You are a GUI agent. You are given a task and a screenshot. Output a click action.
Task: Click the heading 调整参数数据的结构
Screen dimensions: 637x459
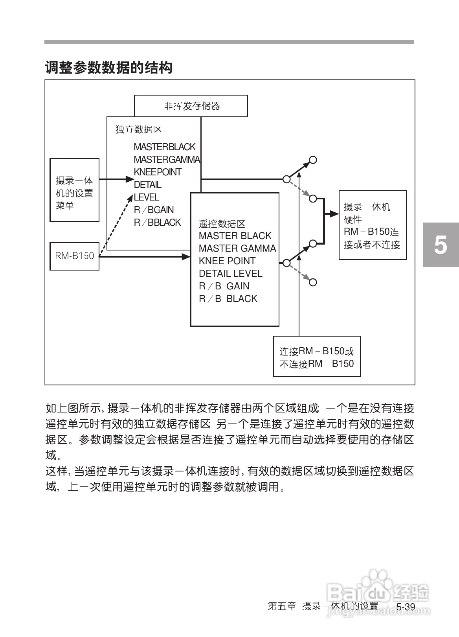click(109, 68)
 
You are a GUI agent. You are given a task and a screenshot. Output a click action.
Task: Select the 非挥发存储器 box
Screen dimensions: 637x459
click(191, 106)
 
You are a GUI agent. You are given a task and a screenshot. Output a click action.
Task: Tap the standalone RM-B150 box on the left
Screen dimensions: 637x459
click(74, 256)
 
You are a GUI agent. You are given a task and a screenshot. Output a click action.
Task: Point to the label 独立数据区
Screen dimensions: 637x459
click(138, 129)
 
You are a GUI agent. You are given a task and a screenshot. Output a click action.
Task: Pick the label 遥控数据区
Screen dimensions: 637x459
click(222, 224)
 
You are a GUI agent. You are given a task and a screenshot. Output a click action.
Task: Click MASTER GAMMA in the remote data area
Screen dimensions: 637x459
click(237, 249)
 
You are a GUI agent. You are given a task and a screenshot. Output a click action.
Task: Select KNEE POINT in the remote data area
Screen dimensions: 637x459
click(227, 261)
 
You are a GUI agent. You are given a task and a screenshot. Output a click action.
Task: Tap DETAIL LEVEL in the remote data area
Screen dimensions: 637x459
click(230, 274)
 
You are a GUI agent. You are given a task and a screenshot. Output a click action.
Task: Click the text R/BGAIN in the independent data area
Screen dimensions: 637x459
click(154, 210)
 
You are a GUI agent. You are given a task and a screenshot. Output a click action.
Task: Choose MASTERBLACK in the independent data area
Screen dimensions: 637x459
click(164, 147)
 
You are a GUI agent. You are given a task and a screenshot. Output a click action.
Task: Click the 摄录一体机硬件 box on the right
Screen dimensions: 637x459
click(373, 225)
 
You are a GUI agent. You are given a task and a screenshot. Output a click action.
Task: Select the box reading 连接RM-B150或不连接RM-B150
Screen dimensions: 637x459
click(317, 357)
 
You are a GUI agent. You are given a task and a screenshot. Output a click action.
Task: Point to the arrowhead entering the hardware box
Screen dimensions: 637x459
click(334, 214)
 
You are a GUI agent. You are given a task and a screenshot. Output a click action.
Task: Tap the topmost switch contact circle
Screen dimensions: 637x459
click(313, 160)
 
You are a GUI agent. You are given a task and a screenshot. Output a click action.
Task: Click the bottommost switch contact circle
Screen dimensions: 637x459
click(313, 282)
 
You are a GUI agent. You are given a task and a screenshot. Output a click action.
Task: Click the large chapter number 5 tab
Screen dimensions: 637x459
click(441, 245)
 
